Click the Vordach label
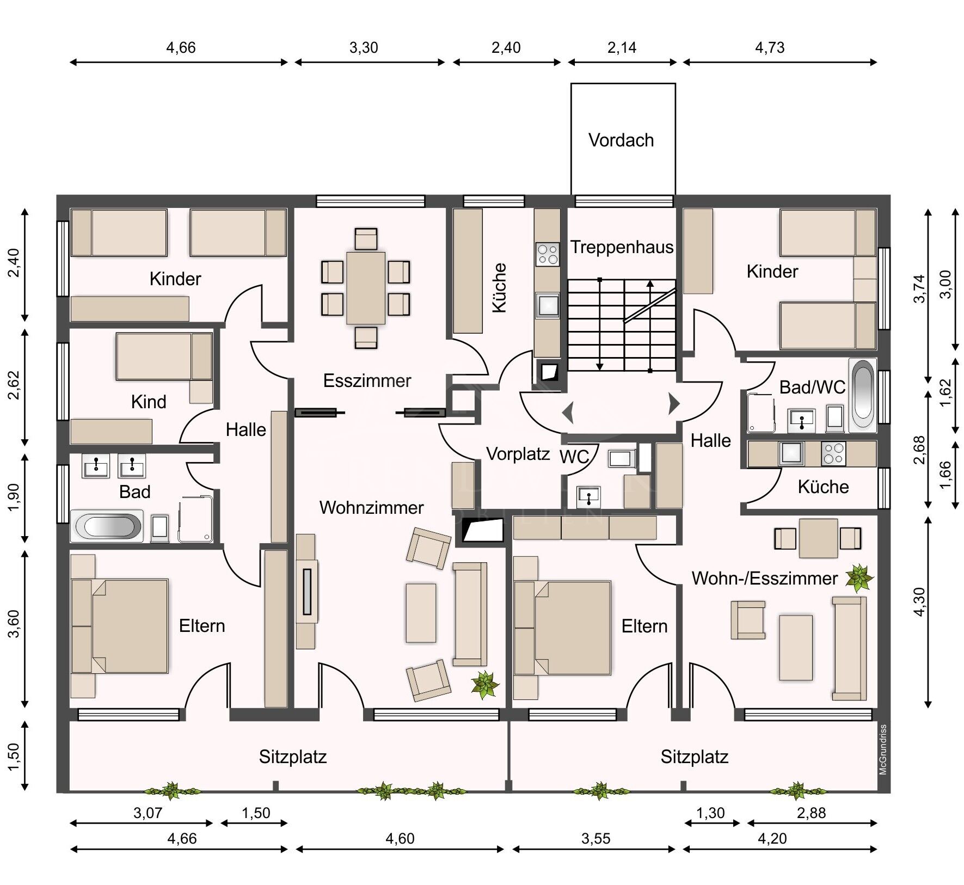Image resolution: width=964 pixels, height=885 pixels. (621, 140)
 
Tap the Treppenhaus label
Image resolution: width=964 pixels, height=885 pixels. (622, 248)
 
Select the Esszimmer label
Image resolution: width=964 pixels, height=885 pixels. (367, 380)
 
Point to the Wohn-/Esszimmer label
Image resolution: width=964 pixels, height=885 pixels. (764, 578)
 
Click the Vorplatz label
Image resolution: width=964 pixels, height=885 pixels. (518, 453)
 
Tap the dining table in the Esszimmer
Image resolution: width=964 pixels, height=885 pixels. (366, 288)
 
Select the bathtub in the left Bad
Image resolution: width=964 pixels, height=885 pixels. (107, 526)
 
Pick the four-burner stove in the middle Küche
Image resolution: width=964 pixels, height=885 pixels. (547, 254)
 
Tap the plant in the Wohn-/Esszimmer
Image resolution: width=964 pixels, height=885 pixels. (859, 577)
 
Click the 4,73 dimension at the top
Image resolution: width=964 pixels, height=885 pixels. (770, 48)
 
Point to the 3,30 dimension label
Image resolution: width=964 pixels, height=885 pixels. (364, 48)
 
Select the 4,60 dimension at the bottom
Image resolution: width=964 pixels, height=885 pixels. (400, 839)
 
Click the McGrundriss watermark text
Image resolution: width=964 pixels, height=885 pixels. (883, 749)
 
